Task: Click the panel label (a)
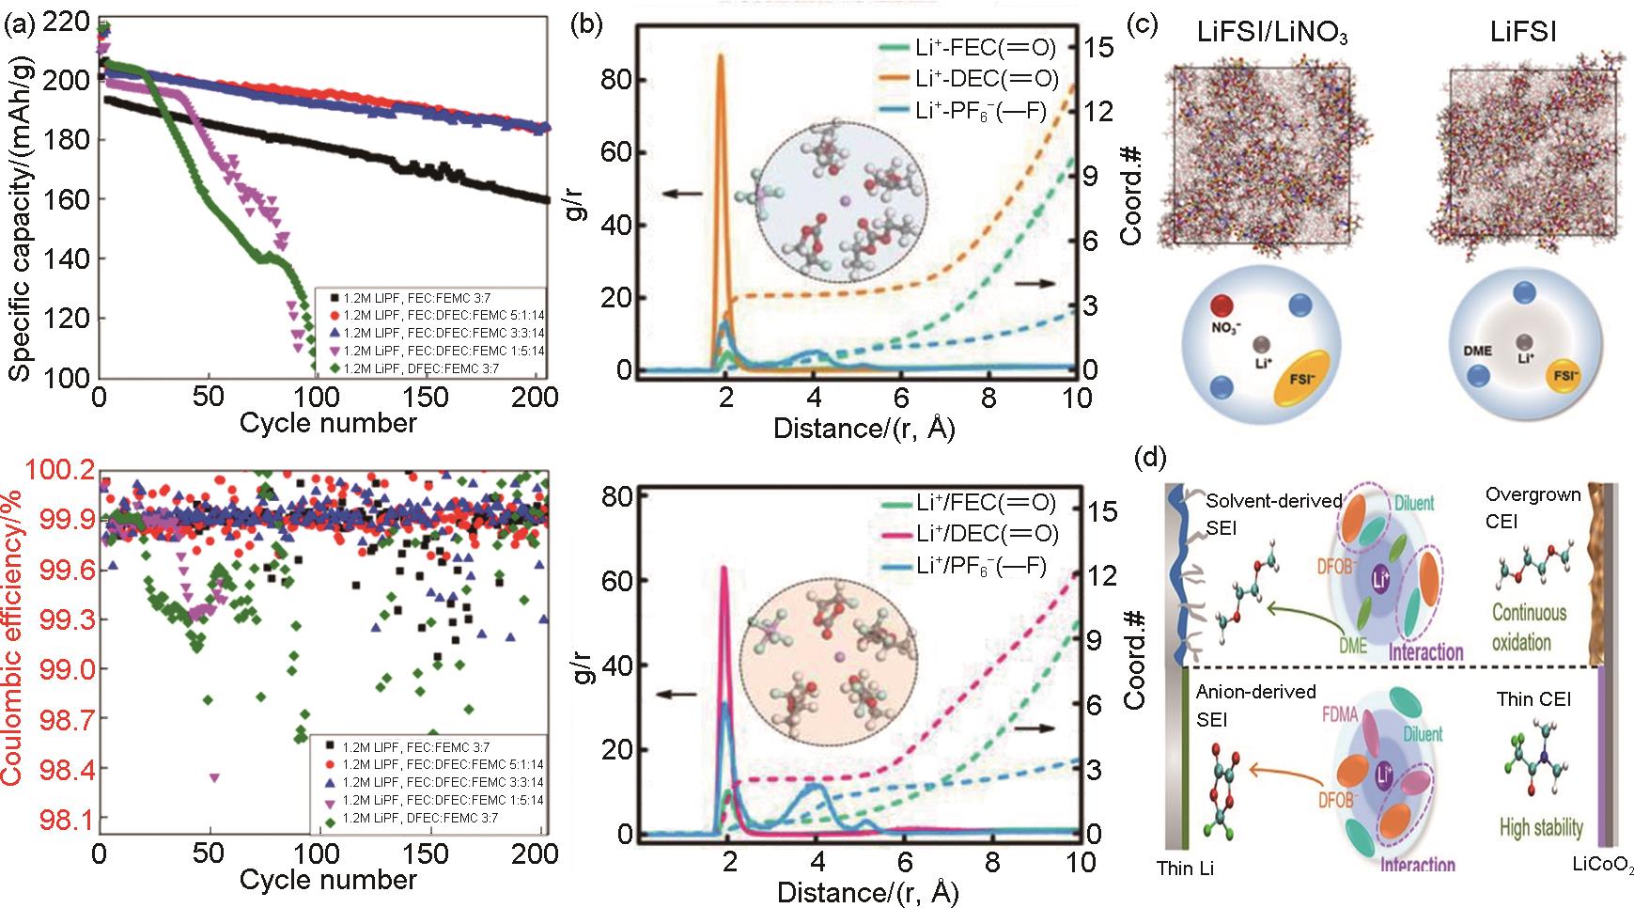click(19, 25)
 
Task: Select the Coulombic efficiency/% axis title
click(16, 648)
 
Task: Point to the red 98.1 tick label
click(58, 820)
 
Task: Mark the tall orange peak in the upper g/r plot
click(722, 58)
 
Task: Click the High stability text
click(1540, 828)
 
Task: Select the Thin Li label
click(1187, 869)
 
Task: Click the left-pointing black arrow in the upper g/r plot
click(683, 194)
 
